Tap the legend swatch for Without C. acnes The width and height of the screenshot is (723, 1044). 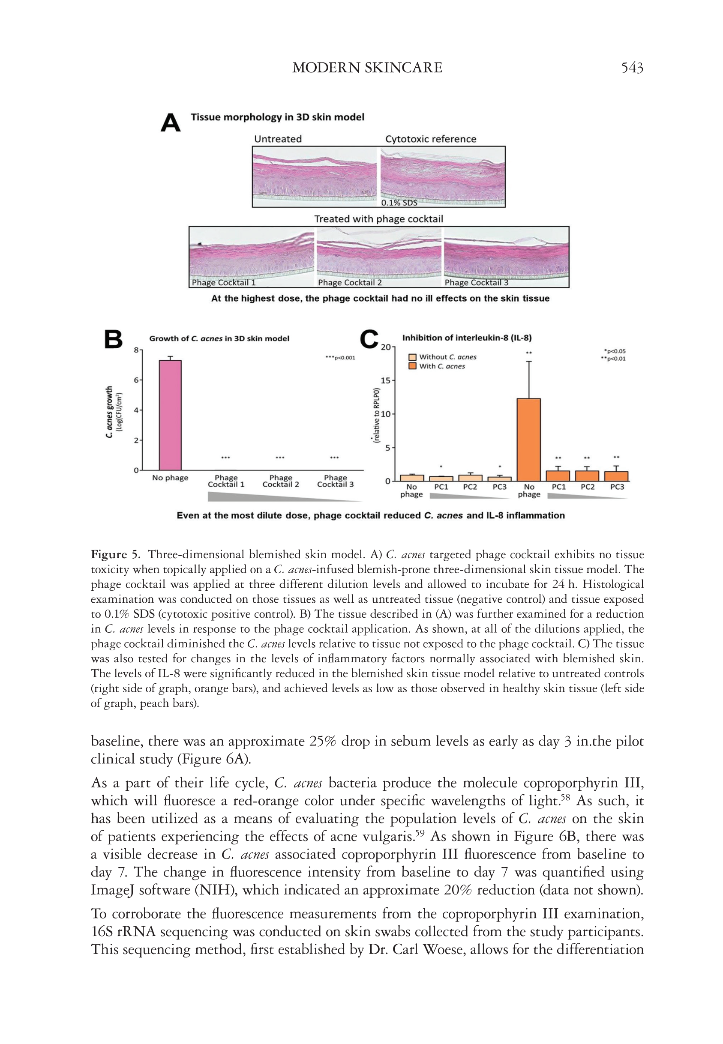[x=412, y=357]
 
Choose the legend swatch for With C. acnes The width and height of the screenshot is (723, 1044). [x=412, y=366]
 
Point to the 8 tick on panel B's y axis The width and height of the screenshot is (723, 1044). [x=136, y=350]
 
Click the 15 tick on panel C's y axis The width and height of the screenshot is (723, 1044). [x=386, y=380]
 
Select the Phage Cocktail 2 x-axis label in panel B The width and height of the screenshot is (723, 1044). [x=280, y=481]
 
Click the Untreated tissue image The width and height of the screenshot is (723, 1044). [x=315, y=176]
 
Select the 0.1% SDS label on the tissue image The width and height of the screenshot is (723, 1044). [x=399, y=203]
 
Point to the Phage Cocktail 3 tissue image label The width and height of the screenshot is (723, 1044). [x=476, y=282]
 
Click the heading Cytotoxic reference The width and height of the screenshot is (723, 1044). [x=430, y=139]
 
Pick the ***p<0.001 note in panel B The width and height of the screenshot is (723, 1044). [x=340, y=358]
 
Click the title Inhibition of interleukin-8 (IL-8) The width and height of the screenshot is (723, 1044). [x=467, y=338]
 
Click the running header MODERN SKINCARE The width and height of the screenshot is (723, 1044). [x=367, y=68]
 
